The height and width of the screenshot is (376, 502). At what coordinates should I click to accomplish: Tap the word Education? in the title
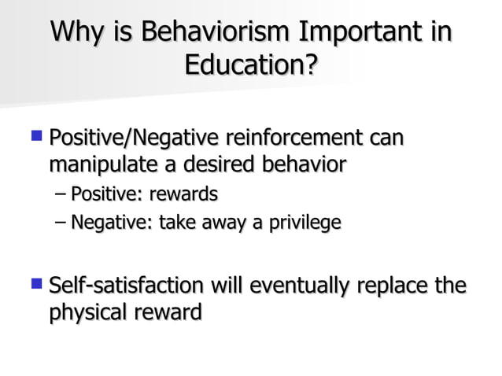click(251, 64)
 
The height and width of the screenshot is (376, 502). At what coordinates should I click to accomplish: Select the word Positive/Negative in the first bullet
click(131, 140)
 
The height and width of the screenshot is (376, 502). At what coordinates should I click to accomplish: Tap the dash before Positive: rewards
click(61, 194)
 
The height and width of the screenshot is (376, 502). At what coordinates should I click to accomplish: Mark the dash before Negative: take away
click(61, 224)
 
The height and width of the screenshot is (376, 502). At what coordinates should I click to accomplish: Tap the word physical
click(84, 311)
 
